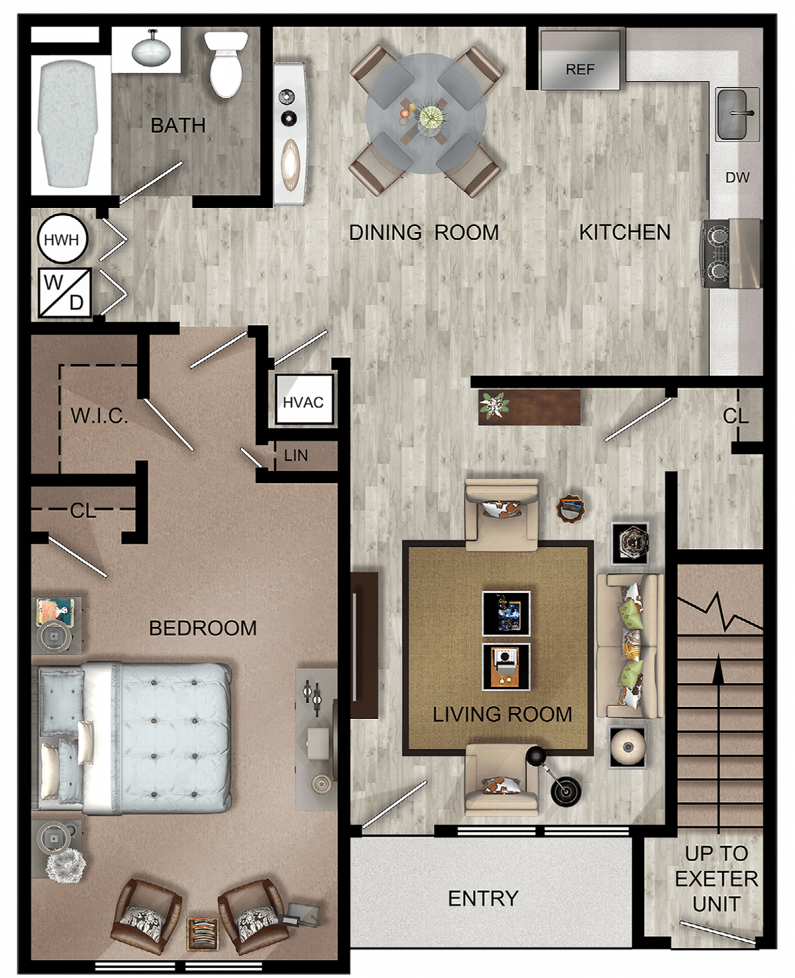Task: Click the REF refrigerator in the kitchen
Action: (580, 60)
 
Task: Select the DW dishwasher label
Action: (737, 177)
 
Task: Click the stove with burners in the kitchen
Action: (730, 254)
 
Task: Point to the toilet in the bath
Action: (226, 64)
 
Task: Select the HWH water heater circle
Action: (62, 239)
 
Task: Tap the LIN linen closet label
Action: (296, 455)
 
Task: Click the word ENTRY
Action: (484, 898)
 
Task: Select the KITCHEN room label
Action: (625, 233)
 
